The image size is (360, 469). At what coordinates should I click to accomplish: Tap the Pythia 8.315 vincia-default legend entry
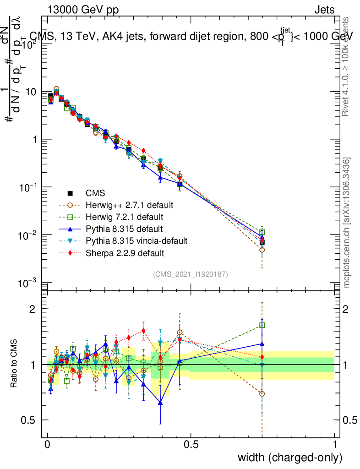(x=135, y=240)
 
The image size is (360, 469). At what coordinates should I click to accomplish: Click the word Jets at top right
(x=324, y=10)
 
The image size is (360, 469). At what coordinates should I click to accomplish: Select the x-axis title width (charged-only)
(x=290, y=457)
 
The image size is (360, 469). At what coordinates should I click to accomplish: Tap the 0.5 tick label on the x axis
(x=191, y=444)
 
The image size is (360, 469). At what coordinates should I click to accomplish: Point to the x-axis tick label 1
(x=334, y=444)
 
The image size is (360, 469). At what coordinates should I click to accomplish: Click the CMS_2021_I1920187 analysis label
(x=191, y=274)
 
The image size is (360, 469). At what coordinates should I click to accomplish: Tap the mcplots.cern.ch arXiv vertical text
(x=347, y=223)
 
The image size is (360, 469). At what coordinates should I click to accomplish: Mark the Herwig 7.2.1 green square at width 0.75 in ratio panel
(x=262, y=325)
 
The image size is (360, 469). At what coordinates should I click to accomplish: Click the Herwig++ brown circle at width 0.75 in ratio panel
(x=262, y=393)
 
